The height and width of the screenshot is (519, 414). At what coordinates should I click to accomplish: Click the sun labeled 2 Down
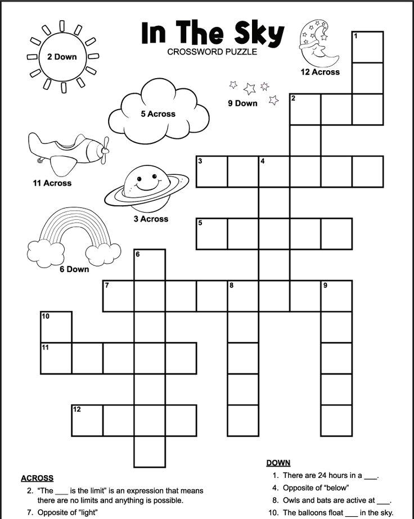[62, 57]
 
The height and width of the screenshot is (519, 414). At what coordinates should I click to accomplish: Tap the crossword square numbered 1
[368, 47]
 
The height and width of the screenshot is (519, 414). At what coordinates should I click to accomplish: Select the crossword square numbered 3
[211, 172]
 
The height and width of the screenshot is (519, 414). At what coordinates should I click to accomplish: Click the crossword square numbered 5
[211, 233]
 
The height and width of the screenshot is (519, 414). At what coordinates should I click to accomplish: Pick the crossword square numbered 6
[150, 265]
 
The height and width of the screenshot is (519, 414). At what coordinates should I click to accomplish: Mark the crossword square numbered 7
[118, 296]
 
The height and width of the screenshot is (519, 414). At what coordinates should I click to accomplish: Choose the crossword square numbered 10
[56, 327]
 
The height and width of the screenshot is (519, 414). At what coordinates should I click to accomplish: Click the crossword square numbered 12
[87, 420]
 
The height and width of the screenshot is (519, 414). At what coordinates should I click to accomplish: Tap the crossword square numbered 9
[336, 296]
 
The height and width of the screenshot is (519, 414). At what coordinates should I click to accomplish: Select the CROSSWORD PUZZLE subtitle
[212, 52]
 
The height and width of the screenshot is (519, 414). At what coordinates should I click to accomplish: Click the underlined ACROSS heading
[37, 478]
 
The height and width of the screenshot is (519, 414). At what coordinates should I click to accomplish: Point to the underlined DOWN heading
[278, 463]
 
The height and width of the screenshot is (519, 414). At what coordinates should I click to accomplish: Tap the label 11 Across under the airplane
[52, 183]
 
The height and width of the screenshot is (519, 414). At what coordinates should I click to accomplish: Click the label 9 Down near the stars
[242, 103]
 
